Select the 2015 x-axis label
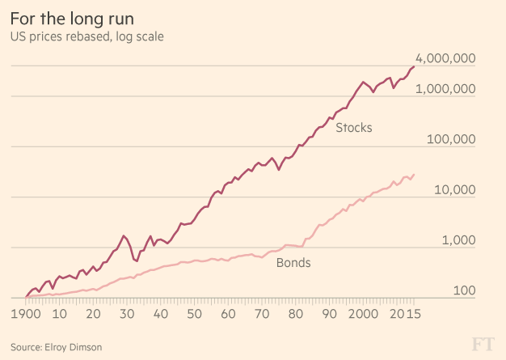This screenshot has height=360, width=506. point(403,314)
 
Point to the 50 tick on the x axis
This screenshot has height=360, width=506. point(194,314)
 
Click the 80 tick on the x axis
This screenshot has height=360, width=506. point(295,314)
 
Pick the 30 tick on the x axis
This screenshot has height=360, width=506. point(127,314)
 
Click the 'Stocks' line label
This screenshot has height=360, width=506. point(353,127)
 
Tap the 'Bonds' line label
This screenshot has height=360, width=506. point(293,263)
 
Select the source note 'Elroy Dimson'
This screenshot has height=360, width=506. point(57,347)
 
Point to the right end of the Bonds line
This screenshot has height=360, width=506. point(414,174)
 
